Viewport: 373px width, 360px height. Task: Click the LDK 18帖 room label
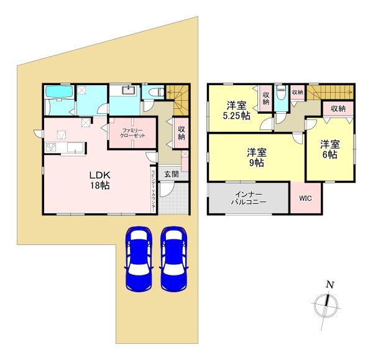(x=99, y=180)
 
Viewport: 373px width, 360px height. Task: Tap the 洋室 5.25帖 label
(x=237, y=109)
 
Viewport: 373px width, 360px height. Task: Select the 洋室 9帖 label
(x=257, y=157)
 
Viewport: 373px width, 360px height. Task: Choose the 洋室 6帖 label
(x=329, y=150)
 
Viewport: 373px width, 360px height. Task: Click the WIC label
(x=304, y=199)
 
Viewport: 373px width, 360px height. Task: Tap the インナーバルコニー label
(x=249, y=199)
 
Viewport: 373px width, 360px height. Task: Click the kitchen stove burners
(x=52, y=148)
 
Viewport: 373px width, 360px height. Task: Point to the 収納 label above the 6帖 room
(x=338, y=109)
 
